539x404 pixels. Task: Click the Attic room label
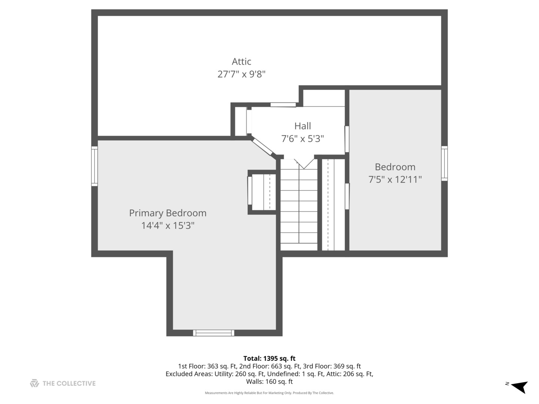point(241,61)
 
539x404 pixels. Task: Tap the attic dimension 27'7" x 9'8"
point(241,74)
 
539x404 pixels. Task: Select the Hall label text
point(302,126)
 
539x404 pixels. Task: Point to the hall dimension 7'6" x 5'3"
point(302,139)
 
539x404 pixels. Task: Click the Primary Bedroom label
point(168,213)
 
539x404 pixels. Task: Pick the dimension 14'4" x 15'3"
point(168,226)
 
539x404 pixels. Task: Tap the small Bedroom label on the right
point(395,167)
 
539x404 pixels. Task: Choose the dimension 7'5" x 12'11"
point(395,180)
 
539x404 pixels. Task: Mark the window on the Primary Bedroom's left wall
point(95,166)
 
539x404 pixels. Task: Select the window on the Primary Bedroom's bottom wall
point(213,333)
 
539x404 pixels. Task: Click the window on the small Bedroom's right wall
point(444,163)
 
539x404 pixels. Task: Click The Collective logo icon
point(34,383)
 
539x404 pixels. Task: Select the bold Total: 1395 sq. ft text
point(269,358)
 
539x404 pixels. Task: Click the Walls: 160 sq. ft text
point(269,382)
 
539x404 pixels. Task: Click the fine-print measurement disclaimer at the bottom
point(269,393)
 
